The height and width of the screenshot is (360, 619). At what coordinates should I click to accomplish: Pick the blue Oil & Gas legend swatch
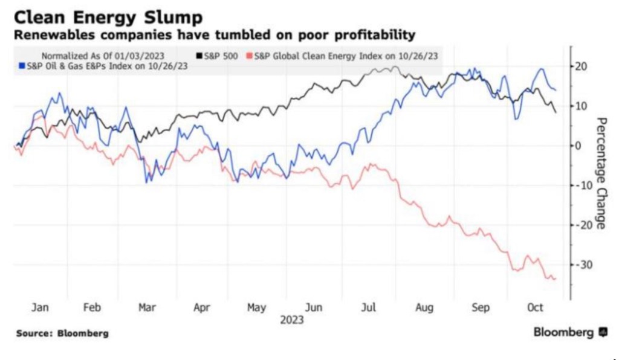pos(22,66)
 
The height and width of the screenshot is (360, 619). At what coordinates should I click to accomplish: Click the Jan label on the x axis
pos(40,307)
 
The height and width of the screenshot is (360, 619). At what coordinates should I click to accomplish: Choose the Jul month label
pos(369,307)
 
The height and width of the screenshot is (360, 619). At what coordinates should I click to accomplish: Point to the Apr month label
pos(202,307)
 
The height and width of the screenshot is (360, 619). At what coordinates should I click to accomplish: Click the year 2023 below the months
pos(291,320)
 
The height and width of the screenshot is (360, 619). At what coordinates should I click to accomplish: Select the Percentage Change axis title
pos(601,172)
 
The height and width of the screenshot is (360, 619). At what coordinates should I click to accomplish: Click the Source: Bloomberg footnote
pos(63,333)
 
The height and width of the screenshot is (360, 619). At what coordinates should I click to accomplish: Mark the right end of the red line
pos(556,278)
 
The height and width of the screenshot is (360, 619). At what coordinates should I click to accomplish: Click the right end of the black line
pos(556,112)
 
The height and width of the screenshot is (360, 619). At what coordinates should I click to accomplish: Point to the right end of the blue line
pos(556,91)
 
